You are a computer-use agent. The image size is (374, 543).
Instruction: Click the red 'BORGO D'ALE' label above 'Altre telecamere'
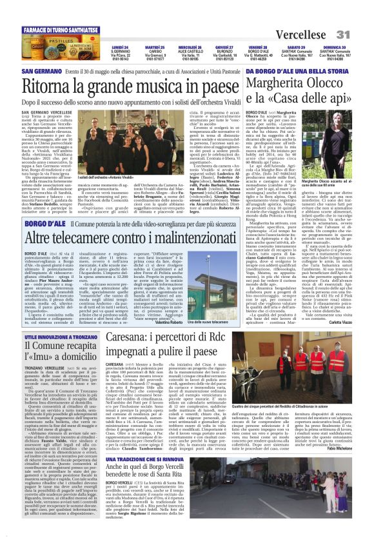(x=44, y=222)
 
